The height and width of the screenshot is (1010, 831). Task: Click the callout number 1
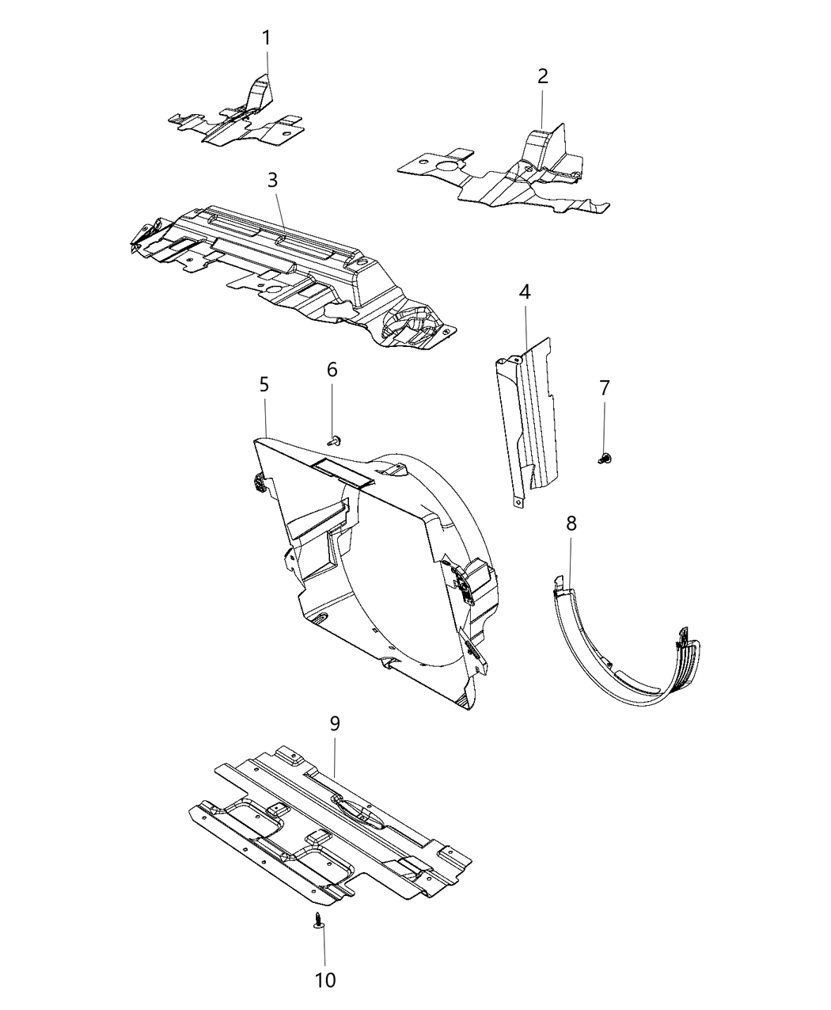[267, 37]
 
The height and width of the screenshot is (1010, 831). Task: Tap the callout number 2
[542, 77]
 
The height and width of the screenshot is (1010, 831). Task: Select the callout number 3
[272, 180]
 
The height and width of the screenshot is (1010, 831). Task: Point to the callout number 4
[525, 292]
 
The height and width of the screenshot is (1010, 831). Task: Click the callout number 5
[264, 384]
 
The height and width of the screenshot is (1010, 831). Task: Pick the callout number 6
[332, 369]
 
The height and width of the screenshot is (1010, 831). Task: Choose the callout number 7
[605, 388]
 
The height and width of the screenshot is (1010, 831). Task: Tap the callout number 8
[571, 523]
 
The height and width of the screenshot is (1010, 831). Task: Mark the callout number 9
[335, 723]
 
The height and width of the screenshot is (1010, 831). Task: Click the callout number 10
[325, 980]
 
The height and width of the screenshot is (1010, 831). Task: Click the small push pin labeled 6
[334, 437]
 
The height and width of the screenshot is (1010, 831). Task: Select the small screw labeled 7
[606, 457]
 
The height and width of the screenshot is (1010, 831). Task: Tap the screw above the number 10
[318, 920]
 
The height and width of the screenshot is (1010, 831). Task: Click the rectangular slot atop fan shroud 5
[342, 471]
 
